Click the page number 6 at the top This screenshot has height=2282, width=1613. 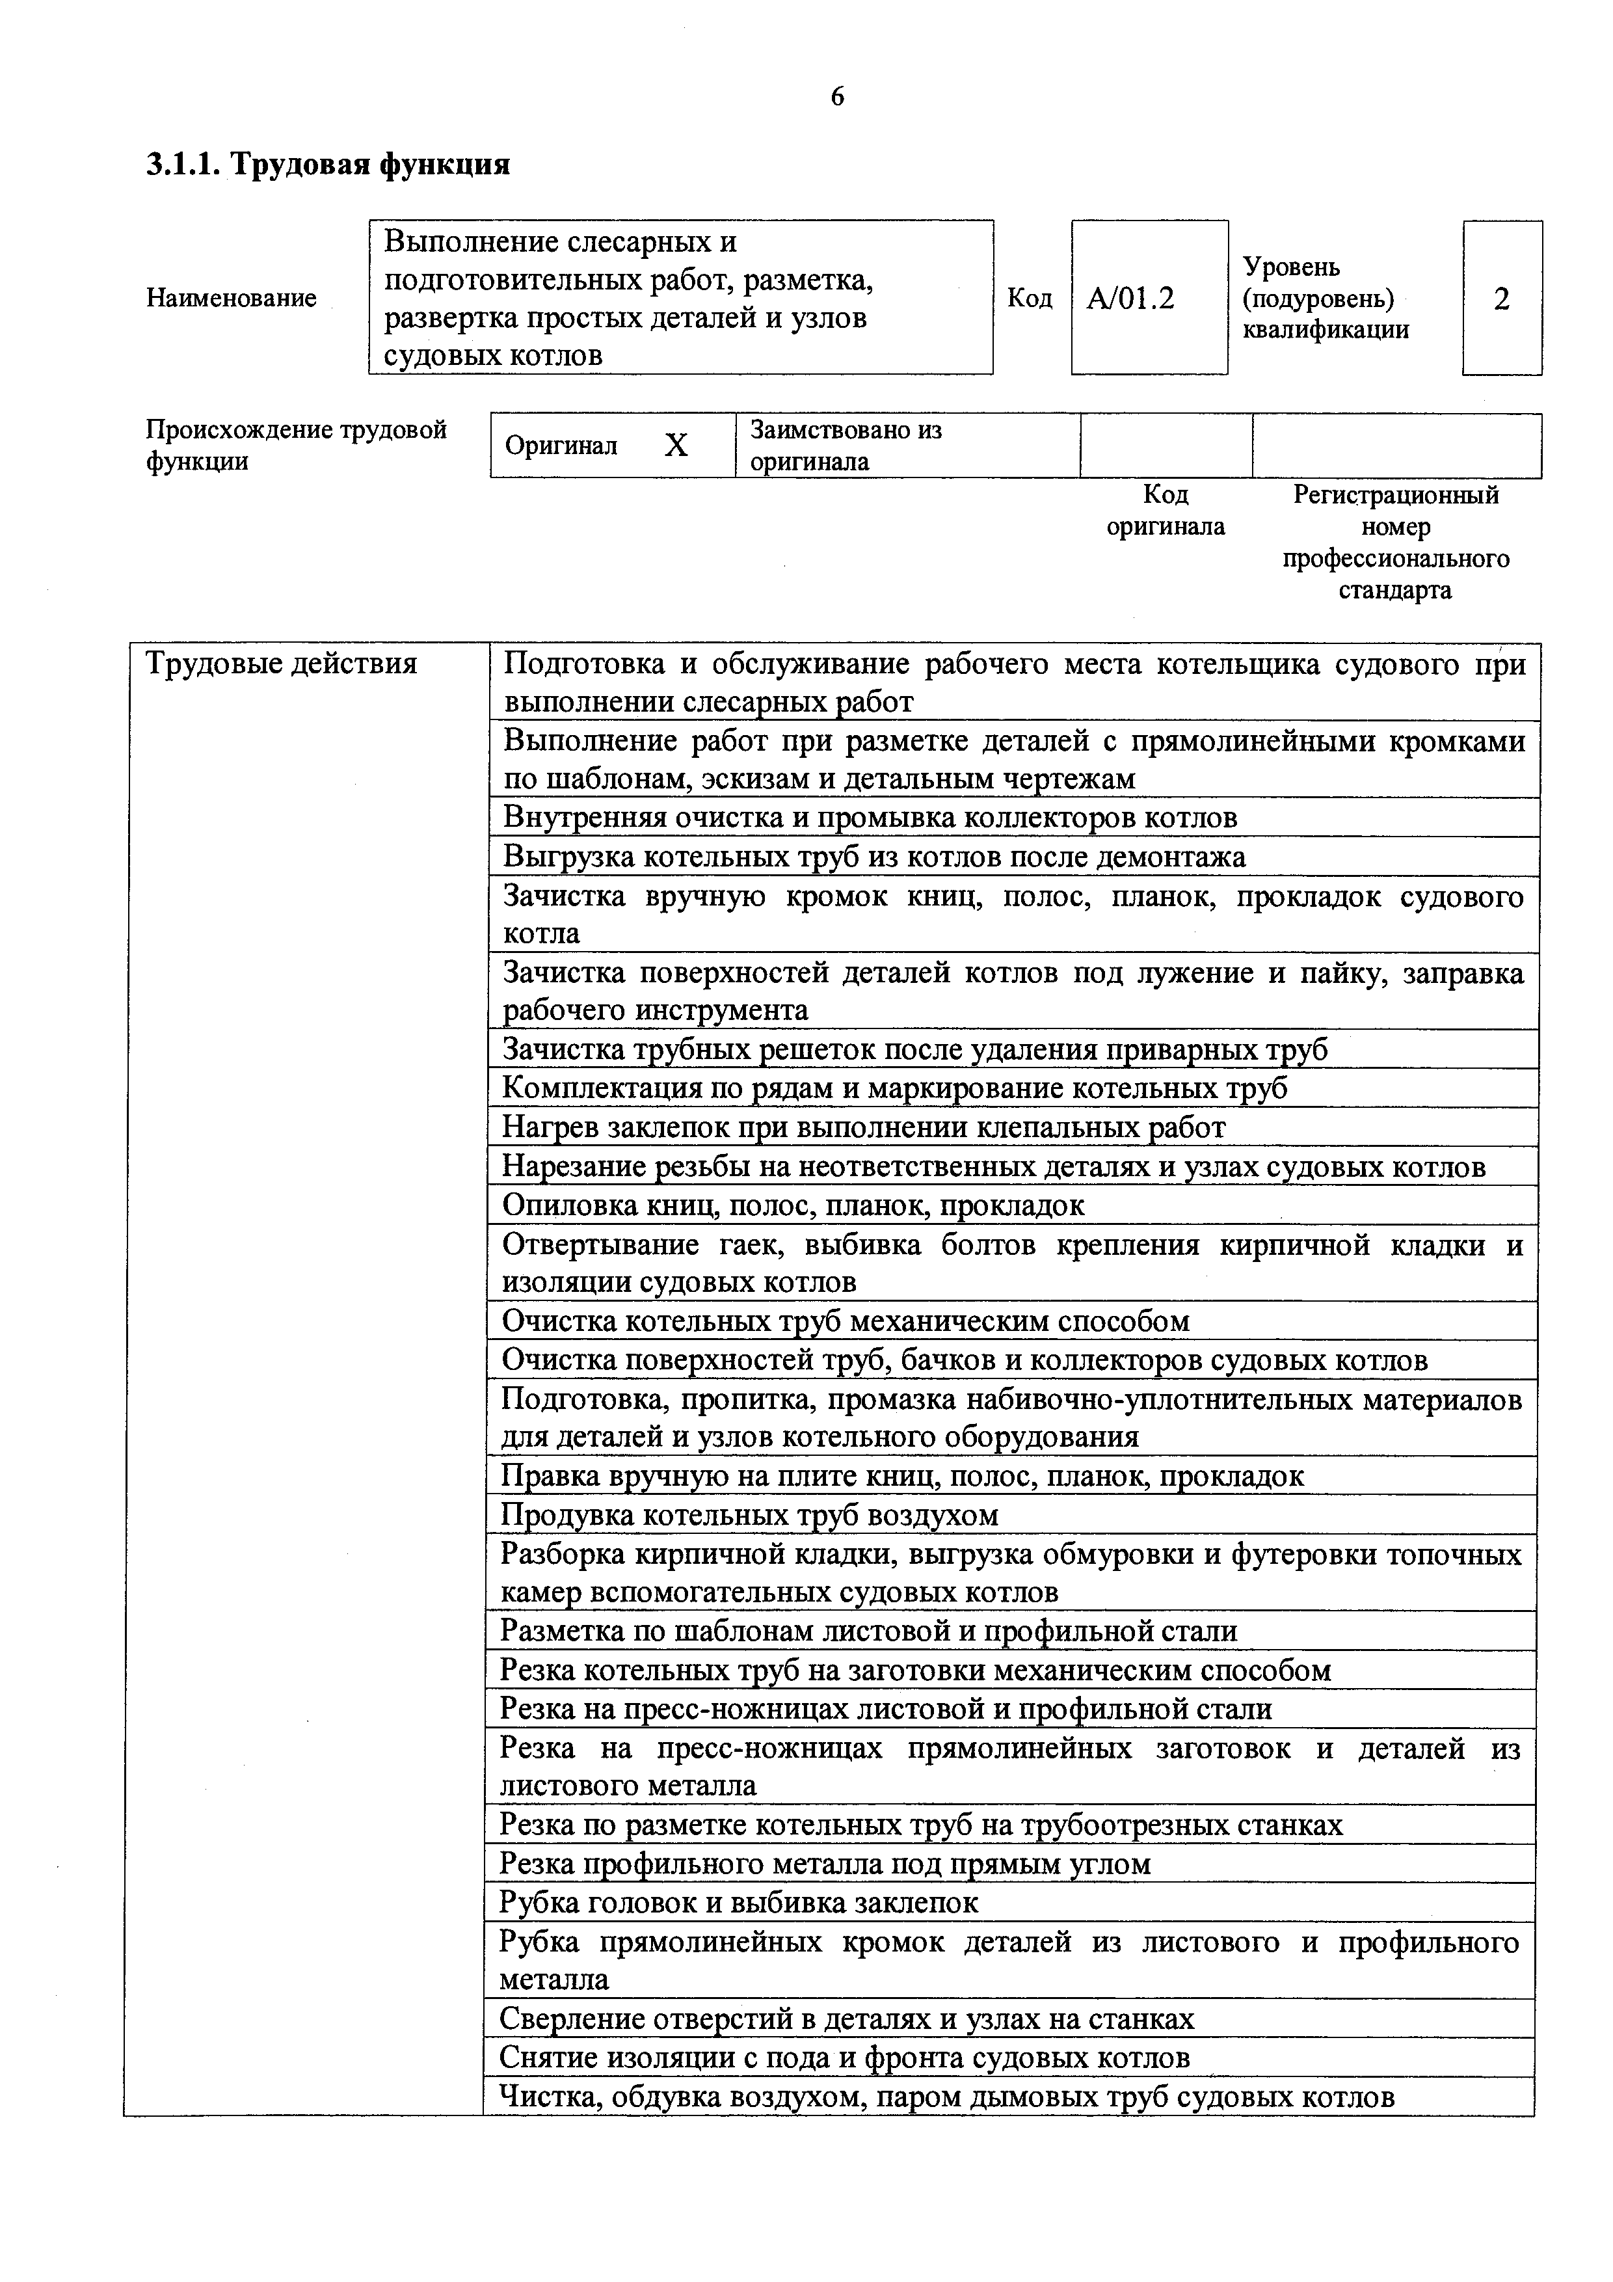point(837,96)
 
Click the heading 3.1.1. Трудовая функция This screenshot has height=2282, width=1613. point(328,164)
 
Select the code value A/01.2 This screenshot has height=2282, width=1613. point(1130,298)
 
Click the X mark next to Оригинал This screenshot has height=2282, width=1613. point(676,445)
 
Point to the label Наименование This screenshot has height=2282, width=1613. point(232,298)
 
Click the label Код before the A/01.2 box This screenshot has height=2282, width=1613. point(1030,298)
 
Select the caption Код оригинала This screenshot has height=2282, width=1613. point(1166,511)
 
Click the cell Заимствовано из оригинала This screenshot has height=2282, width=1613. point(845,445)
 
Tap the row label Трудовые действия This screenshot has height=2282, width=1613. point(281,663)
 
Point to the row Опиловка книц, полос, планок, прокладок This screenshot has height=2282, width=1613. point(793,1205)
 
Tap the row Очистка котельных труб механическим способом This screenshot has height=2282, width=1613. point(845,1321)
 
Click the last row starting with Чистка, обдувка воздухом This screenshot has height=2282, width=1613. point(946,2096)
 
